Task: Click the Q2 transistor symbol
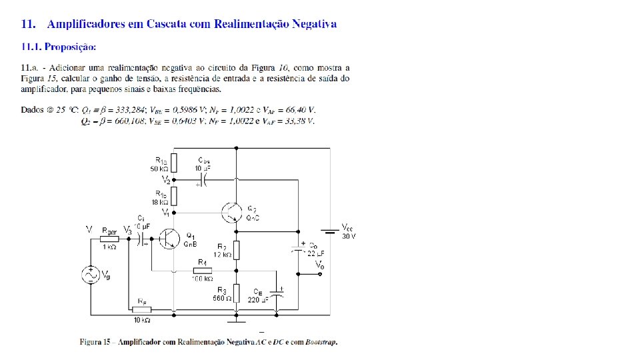[231, 212]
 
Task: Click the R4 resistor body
[202, 271]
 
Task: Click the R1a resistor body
[173, 163]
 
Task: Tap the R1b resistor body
[173, 196]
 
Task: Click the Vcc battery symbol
[330, 232]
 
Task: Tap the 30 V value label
[349, 236]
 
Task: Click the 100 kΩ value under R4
[201, 279]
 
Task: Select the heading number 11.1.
[33, 47]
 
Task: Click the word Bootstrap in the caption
[319, 343]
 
